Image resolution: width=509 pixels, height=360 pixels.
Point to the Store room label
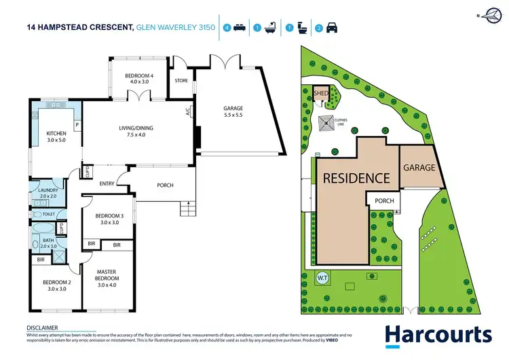tap(181, 80)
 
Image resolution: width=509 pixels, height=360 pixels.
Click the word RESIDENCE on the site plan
tap(356, 179)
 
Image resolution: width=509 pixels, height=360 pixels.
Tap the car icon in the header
tap(332, 28)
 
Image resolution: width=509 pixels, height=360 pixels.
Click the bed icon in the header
tap(238, 28)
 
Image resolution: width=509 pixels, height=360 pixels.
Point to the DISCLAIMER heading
tap(42, 327)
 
